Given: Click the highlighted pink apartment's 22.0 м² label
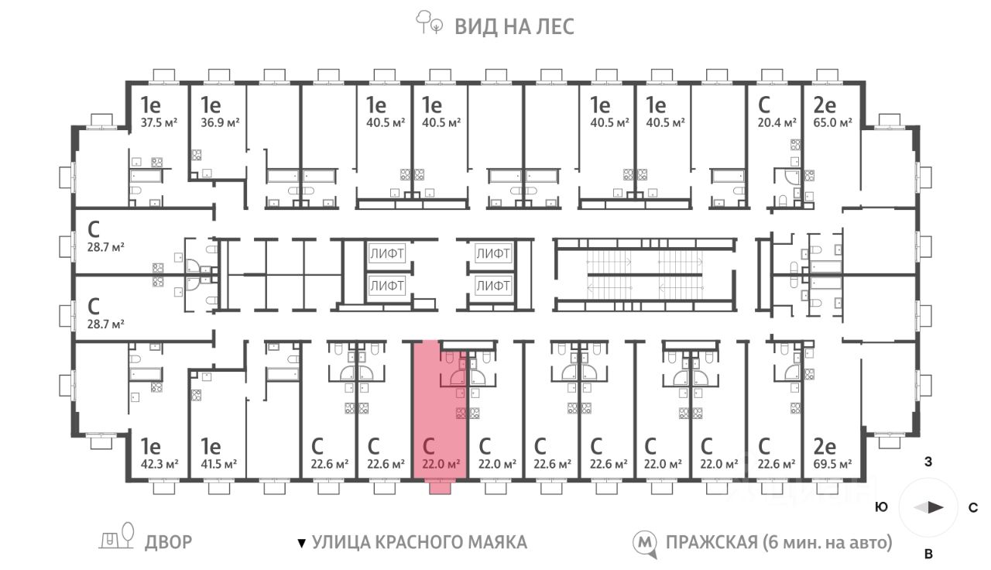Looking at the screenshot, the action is [x=441, y=464].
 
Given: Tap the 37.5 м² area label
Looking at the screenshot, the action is [x=159, y=122].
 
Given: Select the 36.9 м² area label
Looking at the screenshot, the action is [x=221, y=122].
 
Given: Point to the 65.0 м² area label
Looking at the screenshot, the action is [x=832, y=122].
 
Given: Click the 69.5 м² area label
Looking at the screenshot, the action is [x=832, y=464].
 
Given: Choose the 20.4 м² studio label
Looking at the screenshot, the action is [x=777, y=122].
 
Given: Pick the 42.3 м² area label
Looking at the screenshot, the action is [x=159, y=464].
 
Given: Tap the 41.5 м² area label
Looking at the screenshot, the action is [x=219, y=464].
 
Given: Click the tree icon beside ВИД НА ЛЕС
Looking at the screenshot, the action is [x=429, y=22].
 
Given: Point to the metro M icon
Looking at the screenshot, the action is [x=644, y=544].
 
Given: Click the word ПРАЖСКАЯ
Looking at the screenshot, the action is [x=712, y=543].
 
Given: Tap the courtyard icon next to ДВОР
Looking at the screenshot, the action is [x=117, y=537].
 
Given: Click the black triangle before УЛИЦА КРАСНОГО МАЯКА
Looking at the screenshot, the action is [x=302, y=544].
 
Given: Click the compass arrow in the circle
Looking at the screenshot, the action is [x=929, y=507].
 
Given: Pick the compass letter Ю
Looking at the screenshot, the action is [x=882, y=507].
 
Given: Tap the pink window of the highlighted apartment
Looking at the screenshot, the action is [x=441, y=488].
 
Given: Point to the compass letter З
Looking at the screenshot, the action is [x=928, y=462].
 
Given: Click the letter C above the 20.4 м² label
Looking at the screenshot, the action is [x=764, y=105].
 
